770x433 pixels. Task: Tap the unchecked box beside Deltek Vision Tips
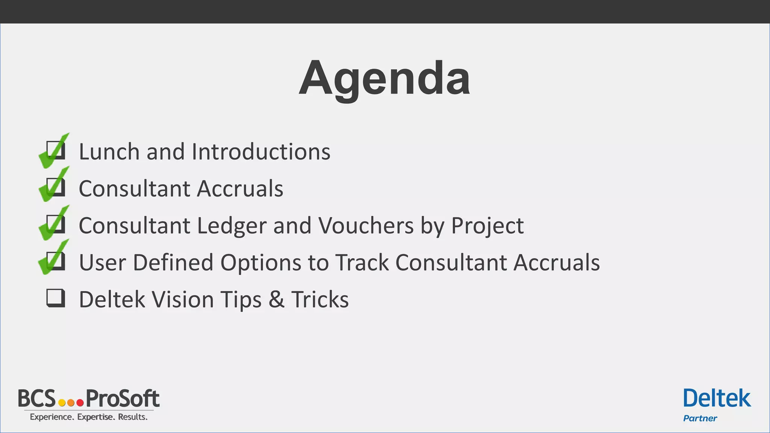[x=56, y=298]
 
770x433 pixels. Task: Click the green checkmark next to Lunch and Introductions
[x=54, y=151]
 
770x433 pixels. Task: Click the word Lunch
[x=109, y=152]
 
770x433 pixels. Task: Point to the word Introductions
[x=261, y=152]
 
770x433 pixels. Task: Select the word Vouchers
[x=365, y=226]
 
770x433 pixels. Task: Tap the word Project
[x=487, y=226]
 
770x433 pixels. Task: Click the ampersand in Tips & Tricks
[x=276, y=300]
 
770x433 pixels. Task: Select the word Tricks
[x=320, y=300]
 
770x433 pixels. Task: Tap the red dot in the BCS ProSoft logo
[x=80, y=403]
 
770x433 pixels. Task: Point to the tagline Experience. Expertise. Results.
[x=89, y=417]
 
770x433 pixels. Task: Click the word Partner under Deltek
[x=700, y=418]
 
